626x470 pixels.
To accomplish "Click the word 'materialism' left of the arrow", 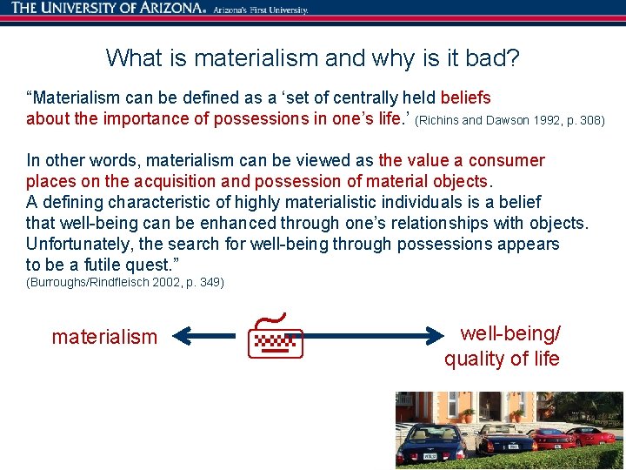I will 104,337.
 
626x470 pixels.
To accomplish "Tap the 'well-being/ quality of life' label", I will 503,346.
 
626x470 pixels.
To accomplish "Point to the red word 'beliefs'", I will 465,97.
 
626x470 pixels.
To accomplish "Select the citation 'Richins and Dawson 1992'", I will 488,120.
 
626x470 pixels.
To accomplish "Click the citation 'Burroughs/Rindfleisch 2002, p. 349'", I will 125,283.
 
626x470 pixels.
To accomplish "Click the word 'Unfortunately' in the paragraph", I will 78,244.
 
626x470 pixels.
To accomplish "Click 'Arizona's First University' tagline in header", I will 260,10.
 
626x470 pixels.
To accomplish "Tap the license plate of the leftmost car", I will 429,453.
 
